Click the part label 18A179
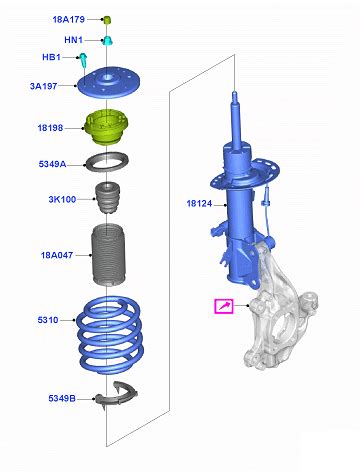tap(69, 19)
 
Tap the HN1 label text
tap(73, 40)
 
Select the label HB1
tap(51, 57)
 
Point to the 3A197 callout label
tap(44, 86)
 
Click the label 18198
tap(50, 128)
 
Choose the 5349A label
tap(52, 164)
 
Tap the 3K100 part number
tap(62, 199)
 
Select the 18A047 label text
tap(57, 255)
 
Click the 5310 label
tap(48, 320)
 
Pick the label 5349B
tap(62, 398)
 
